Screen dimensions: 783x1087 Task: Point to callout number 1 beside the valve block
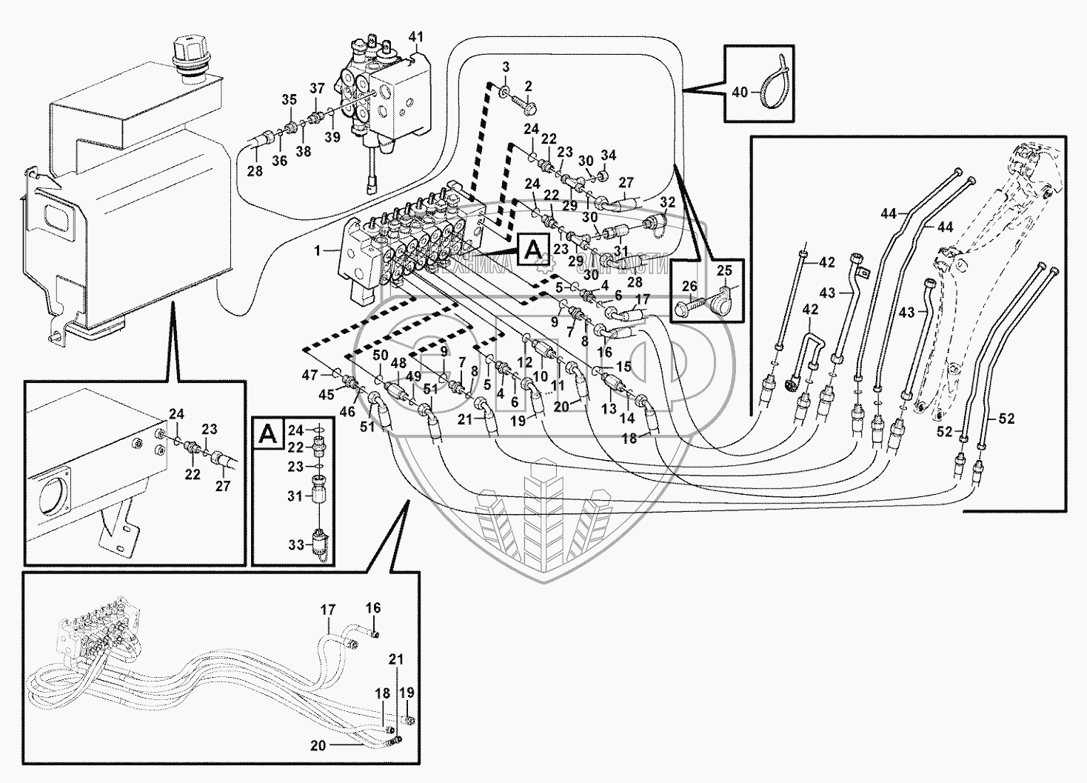coord(317,251)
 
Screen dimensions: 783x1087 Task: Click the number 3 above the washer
coord(506,67)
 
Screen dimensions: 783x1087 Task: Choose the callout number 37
coord(317,89)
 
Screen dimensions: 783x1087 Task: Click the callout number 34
coord(608,155)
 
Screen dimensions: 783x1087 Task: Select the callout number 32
coord(667,201)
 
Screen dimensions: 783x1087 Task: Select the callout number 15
coord(622,367)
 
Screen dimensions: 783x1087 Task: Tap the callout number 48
coord(398,363)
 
